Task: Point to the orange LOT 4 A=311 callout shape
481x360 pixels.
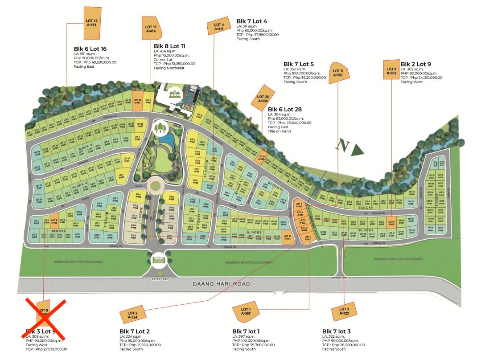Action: tap(218, 27)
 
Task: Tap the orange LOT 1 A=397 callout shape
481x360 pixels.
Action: tap(246, 312)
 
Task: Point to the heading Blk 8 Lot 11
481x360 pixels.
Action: tap(169, 46)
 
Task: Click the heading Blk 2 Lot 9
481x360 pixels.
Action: tap(415, 64)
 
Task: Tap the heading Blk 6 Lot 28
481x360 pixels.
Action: tap(284, 109)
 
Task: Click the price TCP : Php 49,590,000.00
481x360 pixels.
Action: tap(95, 62)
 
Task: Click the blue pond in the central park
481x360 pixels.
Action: tap(166, 140)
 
